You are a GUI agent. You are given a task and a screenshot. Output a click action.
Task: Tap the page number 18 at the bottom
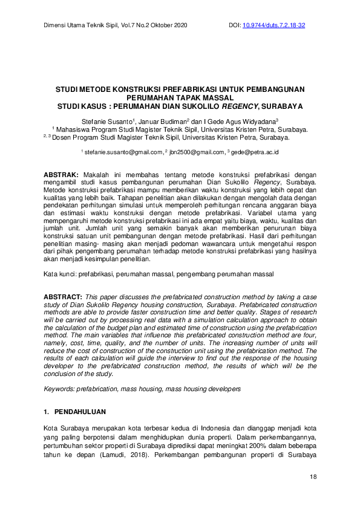pyautogui.click(x=313, y=478)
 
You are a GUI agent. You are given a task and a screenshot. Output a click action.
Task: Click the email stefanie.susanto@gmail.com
pyautogui.click(x=125, y=152)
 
